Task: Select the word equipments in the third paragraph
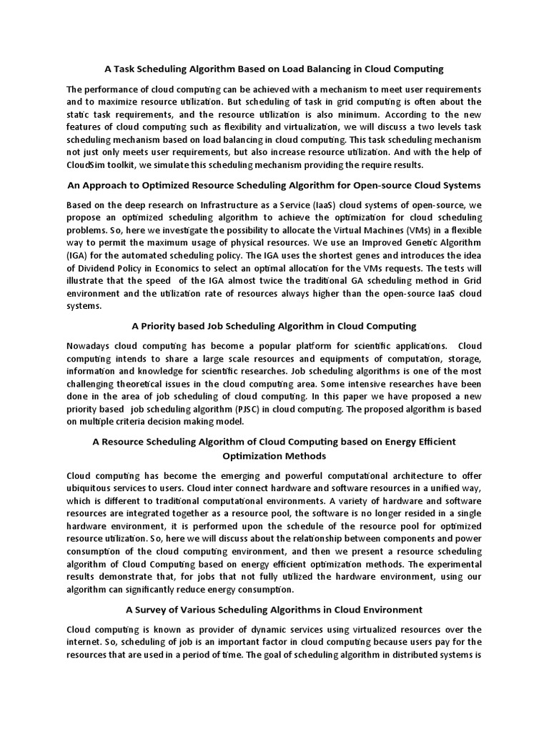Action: pos(332,358)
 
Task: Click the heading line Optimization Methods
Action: pos(274,455)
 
